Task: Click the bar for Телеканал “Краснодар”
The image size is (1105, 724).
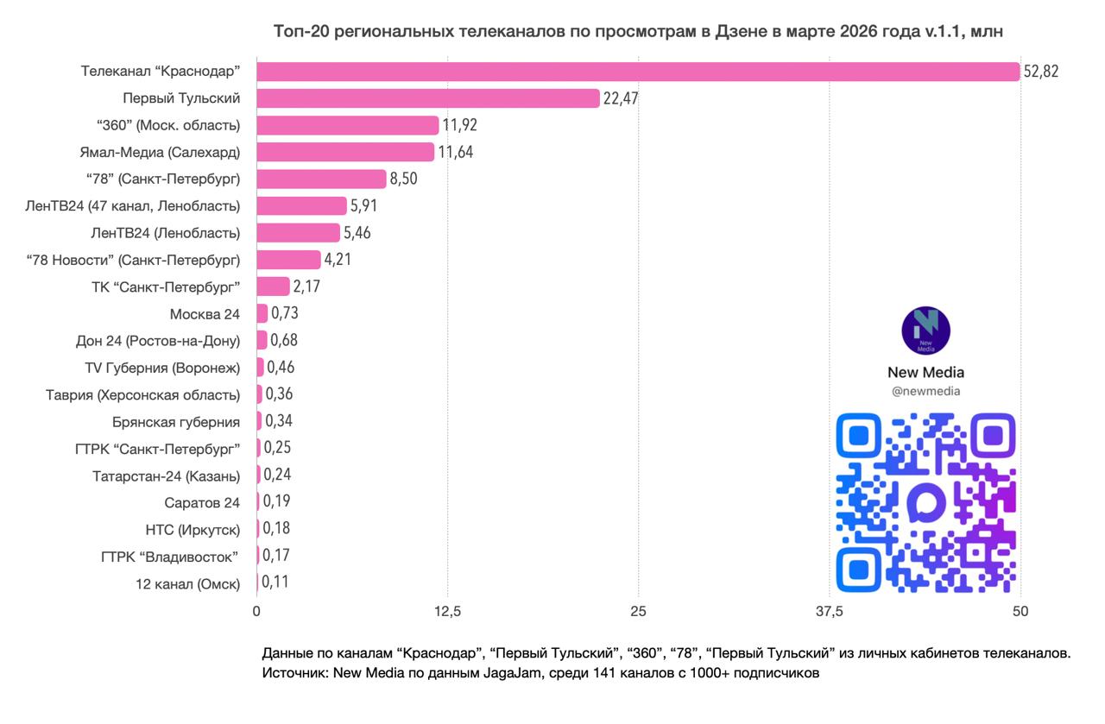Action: pos(638,71)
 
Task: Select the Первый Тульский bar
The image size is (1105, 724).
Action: pos(428,98)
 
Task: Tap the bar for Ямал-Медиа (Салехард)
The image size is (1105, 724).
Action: pos(345,152)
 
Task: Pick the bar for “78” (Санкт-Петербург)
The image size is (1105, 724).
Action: pos(321,179)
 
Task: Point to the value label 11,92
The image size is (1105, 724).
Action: pos(460,125)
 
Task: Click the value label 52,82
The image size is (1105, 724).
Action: pos(1040,71)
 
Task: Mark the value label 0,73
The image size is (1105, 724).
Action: pos(285,313)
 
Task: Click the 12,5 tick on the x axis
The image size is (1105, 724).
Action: pos(447,612)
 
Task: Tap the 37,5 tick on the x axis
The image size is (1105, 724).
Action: pos(829,612)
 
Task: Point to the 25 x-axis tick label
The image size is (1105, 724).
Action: pos(638,612)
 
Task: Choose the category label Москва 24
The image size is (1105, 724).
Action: pos(205,314)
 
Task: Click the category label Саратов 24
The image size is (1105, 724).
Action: pos(202,502)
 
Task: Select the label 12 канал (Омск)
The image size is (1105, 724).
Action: pos(187,583)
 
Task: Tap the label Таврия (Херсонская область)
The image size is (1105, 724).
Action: pos(142,395)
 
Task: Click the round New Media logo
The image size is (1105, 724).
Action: pos(925,331)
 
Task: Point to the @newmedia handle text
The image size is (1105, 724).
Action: pos(925,392)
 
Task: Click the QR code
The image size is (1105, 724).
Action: pos(925,502)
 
